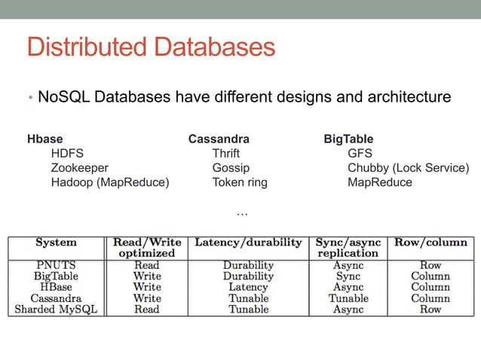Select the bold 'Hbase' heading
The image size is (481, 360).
44,139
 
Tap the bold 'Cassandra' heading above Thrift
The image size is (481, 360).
219,139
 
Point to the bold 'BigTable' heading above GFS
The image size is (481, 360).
348,139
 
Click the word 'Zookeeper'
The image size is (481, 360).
80,168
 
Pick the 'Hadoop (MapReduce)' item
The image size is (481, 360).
110,182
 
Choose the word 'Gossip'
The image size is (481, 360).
231,168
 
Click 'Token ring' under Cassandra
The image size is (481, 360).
240,182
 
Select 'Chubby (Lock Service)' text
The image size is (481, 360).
408,168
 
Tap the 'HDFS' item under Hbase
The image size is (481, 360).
67,154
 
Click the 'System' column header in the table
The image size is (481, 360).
56,243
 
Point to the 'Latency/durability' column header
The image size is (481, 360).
248,243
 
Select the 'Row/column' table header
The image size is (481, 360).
430,243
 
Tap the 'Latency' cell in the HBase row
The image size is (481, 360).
248,287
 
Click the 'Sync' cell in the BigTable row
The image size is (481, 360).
348,276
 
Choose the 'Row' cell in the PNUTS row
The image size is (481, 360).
430,265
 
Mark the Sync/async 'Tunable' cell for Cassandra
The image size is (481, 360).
348,298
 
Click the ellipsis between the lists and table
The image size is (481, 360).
242,214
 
